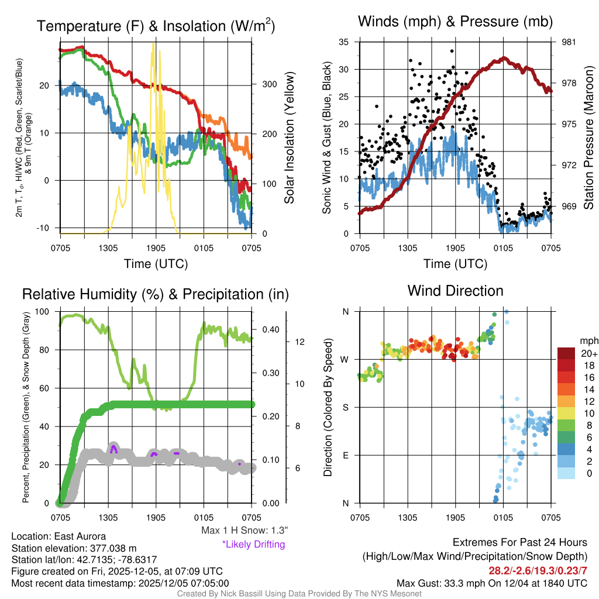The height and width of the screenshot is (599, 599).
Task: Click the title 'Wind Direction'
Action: click(x=455, y=290)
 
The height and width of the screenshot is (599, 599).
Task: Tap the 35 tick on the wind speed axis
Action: click(x=344, y=42)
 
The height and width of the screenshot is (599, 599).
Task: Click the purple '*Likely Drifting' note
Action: click(x=253, y=545)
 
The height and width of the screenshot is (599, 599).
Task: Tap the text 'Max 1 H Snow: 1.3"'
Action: click(x=244, y=531)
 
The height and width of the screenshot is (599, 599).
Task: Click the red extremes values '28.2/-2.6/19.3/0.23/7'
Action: click(x=538, y=570)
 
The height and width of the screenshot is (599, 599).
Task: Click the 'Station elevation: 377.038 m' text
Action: click(x=74, y=548)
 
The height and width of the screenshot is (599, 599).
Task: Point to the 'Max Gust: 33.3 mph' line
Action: click(x=491, y=583)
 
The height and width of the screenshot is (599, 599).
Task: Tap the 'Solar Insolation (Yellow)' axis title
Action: click(x=289, y=137)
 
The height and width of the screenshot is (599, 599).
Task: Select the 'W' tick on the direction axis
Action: click(x=345, y=359)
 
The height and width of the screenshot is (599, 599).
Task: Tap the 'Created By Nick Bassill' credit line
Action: click(x=299, y=594)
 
